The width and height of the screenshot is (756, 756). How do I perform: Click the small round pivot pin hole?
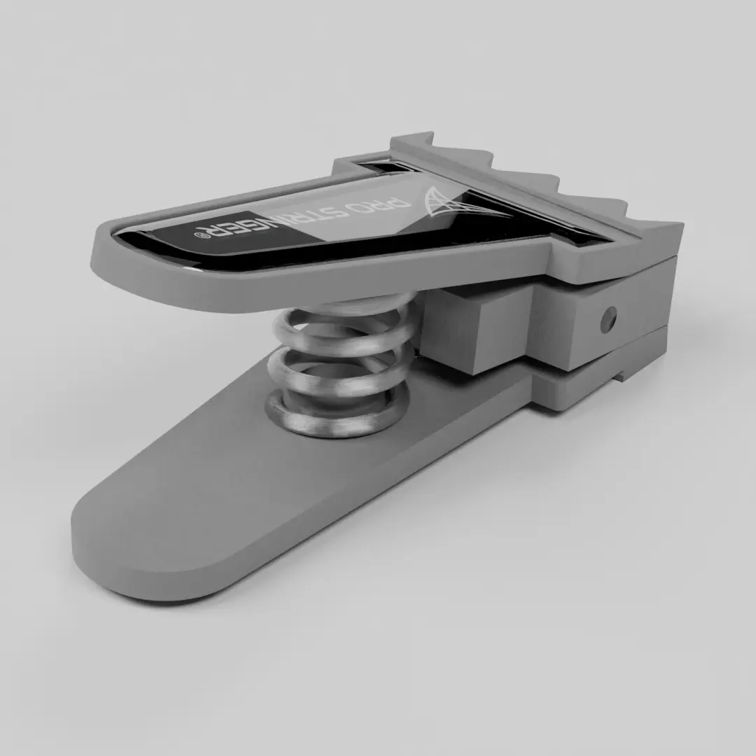click(608, 318)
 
